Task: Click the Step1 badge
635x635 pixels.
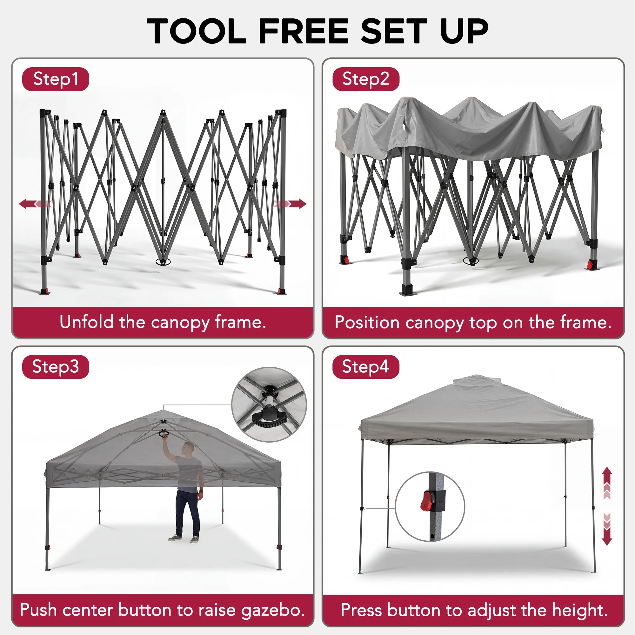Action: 56,79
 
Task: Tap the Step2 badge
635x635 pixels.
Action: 366,79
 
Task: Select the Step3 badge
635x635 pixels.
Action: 56,367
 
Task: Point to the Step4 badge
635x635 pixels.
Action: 366,367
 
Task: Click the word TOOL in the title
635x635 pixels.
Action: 197,31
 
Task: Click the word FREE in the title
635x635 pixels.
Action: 304,31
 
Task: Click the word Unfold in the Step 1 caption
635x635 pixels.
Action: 86,322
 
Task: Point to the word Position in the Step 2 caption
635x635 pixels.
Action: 367,323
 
